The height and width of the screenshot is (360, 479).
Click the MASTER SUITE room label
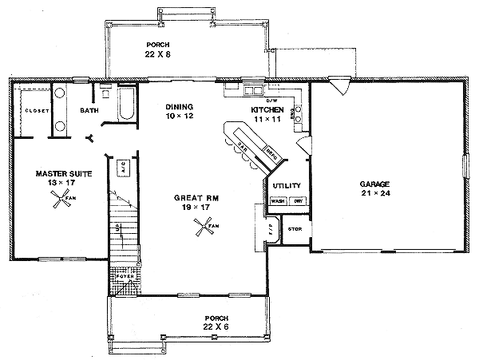pyautogui.click(x=55, y=172)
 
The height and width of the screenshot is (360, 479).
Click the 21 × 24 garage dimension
pyautogui.click(x=376, y=193)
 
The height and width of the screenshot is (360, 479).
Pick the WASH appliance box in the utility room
pyautogui.click(x=278, y=201)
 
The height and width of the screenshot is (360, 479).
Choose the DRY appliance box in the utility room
pyautogui.click(x=296, y=201)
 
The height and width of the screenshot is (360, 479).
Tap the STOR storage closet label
pyautogui.click(x=294, y=229)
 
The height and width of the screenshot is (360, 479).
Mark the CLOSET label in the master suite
pyautogui.click(x=38, y=110)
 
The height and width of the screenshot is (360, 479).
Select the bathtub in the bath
pyautogui.click(x=126, y=105)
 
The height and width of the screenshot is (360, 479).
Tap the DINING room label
pyautogui.click(x=180, y=107)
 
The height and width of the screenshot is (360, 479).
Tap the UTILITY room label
pyautogui.click(x=287, y=185)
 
